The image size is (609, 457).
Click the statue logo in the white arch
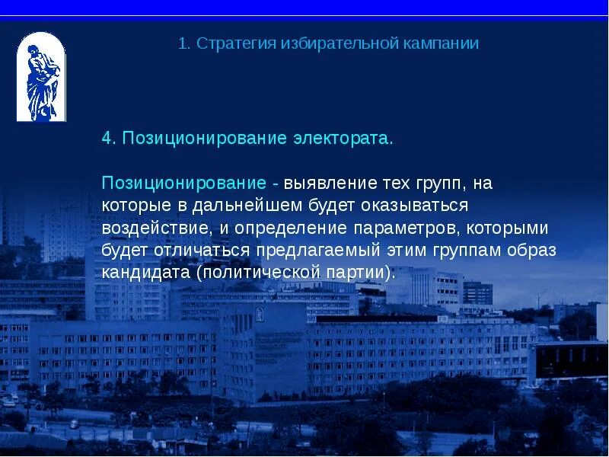click(41, 77)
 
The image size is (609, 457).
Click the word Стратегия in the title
click(232, 43)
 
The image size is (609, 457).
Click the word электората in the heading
click(343, 139)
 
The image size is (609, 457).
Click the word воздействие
click(157, 228)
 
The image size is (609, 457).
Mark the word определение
click(292, 228)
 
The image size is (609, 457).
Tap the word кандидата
click(145, 273)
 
